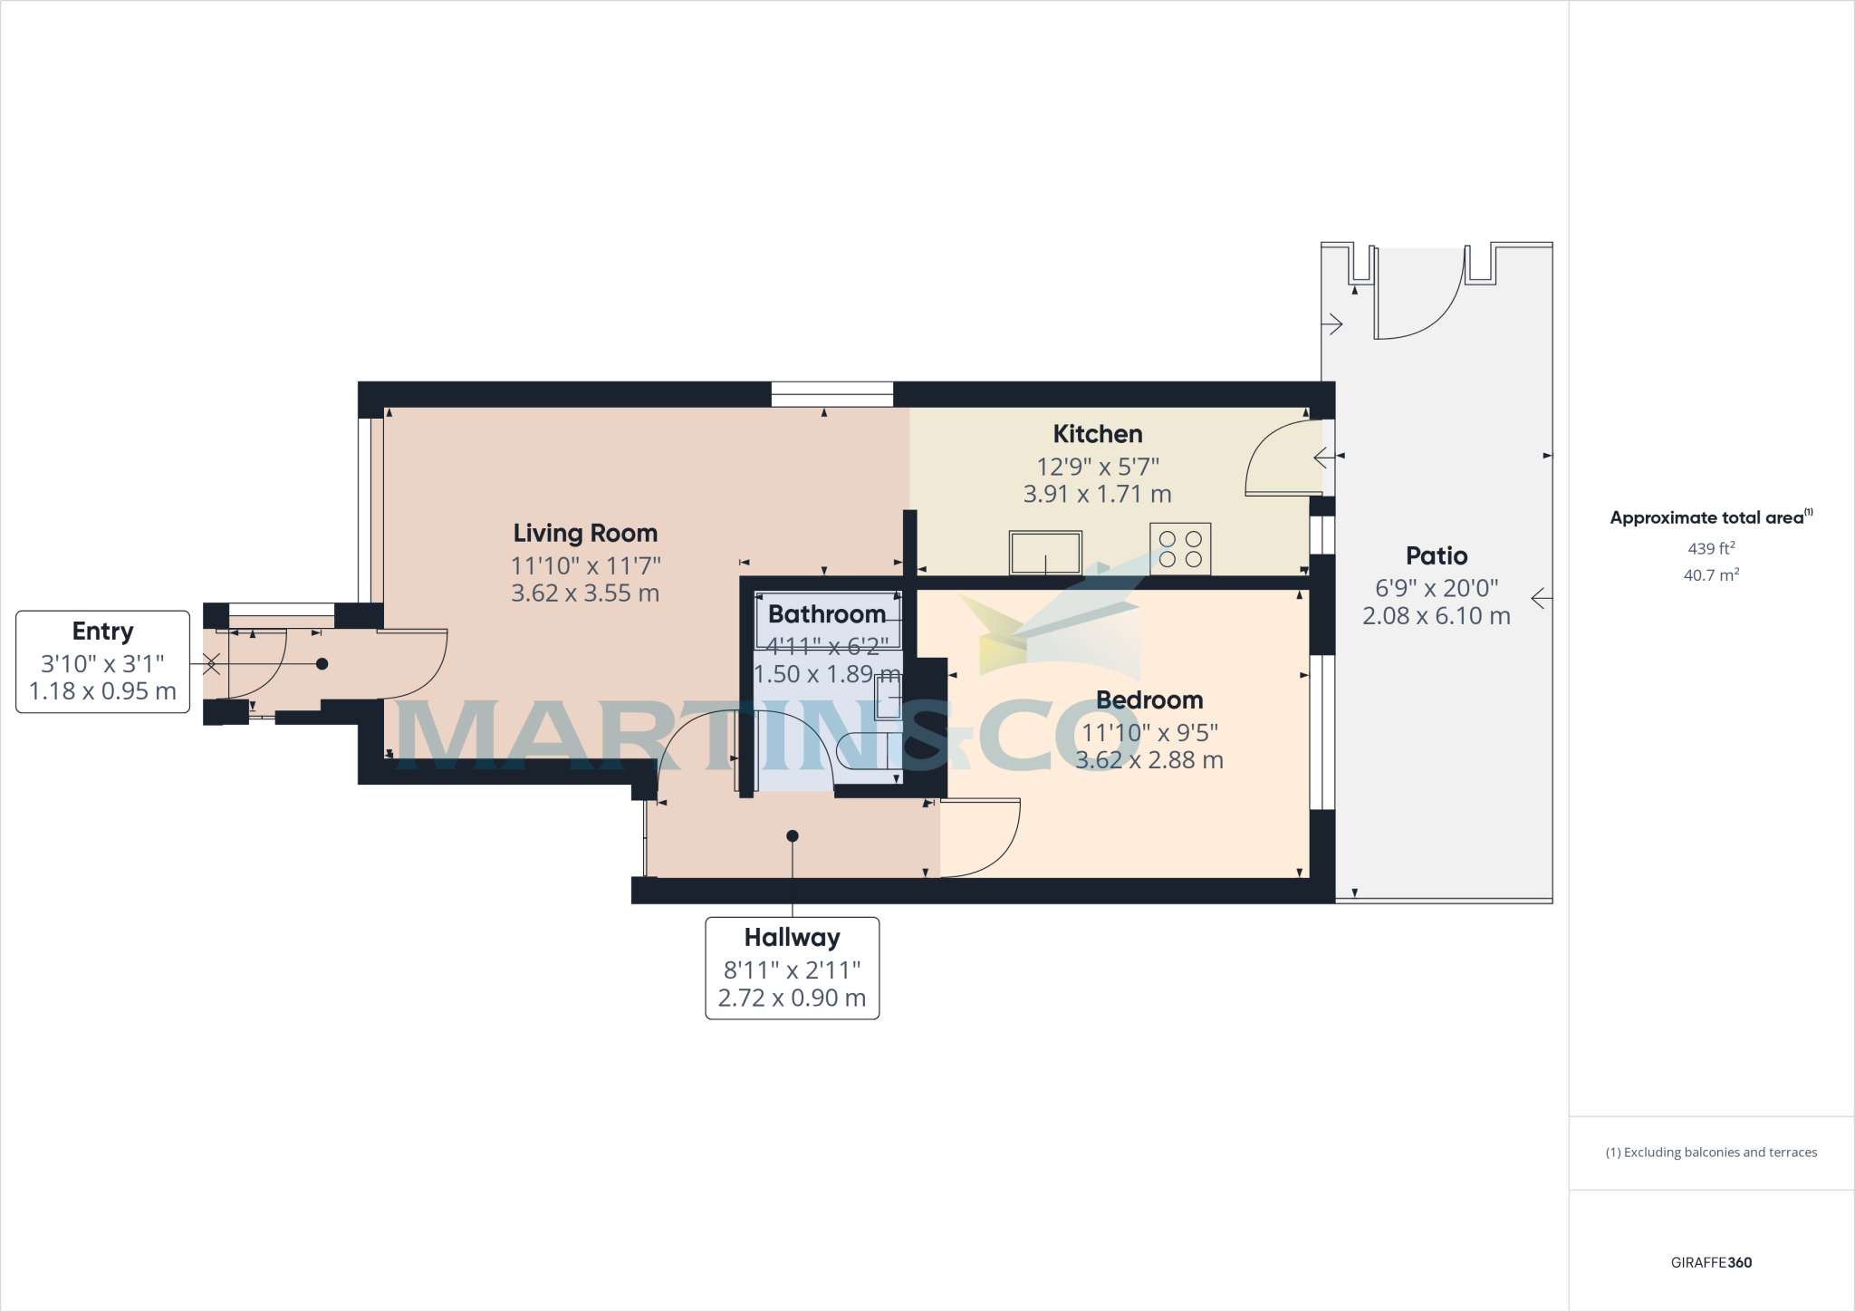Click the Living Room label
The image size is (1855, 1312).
(585, 533)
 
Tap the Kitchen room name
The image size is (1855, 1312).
(1097, 434)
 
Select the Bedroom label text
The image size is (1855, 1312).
(1149, 699)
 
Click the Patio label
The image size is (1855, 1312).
(1436, 555)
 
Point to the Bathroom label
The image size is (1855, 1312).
(826, 614)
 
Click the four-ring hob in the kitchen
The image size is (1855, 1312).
(1180, 549)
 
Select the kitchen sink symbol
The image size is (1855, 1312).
(1045, 553)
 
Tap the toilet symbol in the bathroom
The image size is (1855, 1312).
(865, 750)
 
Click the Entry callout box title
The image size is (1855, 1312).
(102, 631)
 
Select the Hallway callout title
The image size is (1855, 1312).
(792, 937)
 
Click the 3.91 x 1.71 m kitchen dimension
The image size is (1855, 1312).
(1097, 494)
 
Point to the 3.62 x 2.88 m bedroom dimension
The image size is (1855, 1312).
(1149, 760)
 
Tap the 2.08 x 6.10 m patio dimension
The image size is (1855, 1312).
(1436, 616)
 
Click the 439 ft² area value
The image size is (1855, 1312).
(1710, 548)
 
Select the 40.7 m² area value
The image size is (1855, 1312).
(1710, 575)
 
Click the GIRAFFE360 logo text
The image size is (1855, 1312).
(1710, 1262)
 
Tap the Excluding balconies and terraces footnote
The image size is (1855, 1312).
(1710, 1153)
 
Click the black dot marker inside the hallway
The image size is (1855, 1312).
(793, 835)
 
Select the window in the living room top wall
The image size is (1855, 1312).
(831, 394)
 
